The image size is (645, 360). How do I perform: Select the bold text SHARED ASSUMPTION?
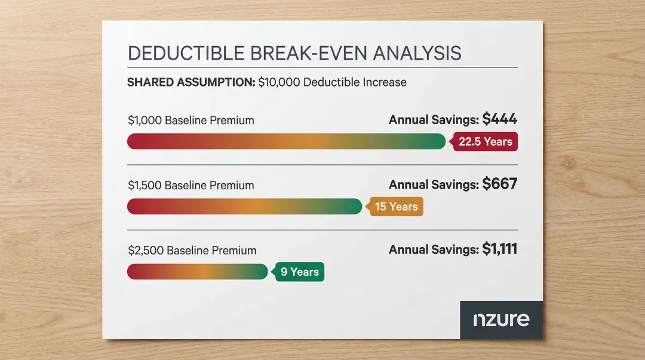tap(191, 82)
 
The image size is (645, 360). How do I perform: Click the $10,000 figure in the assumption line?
tap(279, 82)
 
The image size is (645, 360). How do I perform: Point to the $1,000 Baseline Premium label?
tap(191, 120)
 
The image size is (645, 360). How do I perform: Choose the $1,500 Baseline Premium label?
tap(191, 185)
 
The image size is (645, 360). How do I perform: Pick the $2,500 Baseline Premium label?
tap(192, 250)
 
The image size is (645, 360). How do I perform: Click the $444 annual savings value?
tap(499, 119)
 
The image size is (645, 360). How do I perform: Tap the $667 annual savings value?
tap(499, 184)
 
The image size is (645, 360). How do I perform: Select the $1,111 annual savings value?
tap(499, 250)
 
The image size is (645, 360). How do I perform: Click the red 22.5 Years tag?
tap(485, 141)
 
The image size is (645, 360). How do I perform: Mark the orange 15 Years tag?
tap(396, 207)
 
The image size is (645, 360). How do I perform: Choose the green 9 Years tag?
tap(299, 272)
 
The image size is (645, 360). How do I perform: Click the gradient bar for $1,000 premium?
tap(286, 141)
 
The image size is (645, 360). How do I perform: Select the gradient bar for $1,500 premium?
tap(244, 207)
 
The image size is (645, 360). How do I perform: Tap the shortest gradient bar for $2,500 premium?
tap(197, 272)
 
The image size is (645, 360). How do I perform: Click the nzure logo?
tap(501, 319)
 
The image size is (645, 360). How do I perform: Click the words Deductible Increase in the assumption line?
tap(355, 82)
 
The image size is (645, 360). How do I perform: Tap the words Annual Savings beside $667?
tap(434, 185)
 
